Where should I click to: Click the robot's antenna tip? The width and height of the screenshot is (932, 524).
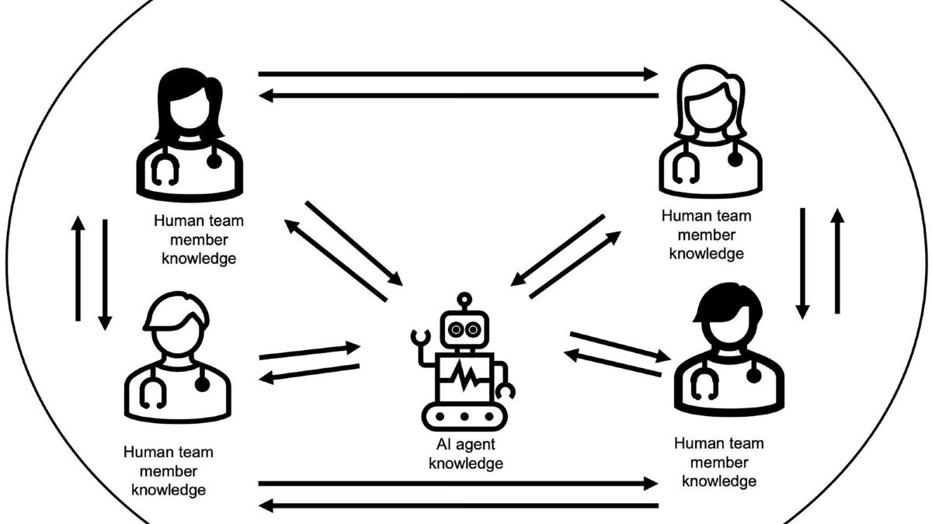click(464, 299)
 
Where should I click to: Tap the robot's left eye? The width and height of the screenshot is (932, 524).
click(456, 330)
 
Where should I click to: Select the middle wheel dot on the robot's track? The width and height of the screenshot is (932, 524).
click(464, 416)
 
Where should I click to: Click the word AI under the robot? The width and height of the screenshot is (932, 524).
click(443, 444)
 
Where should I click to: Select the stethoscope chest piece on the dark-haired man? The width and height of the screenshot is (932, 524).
click(754, 376)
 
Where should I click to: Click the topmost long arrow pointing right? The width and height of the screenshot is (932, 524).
click(457, 74)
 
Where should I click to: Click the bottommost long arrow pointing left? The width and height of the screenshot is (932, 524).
click(458, 505)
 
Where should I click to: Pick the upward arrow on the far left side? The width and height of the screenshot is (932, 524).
click(78, 269)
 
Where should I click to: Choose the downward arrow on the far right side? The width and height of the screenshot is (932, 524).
click(802, 263)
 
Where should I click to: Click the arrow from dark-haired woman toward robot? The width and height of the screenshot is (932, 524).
click(354, 244)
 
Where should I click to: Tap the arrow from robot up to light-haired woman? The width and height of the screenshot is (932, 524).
click(575, 265)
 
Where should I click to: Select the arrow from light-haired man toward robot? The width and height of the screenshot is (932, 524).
click(310, 351)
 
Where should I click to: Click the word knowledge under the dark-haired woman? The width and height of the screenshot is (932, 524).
click(199, 259)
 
